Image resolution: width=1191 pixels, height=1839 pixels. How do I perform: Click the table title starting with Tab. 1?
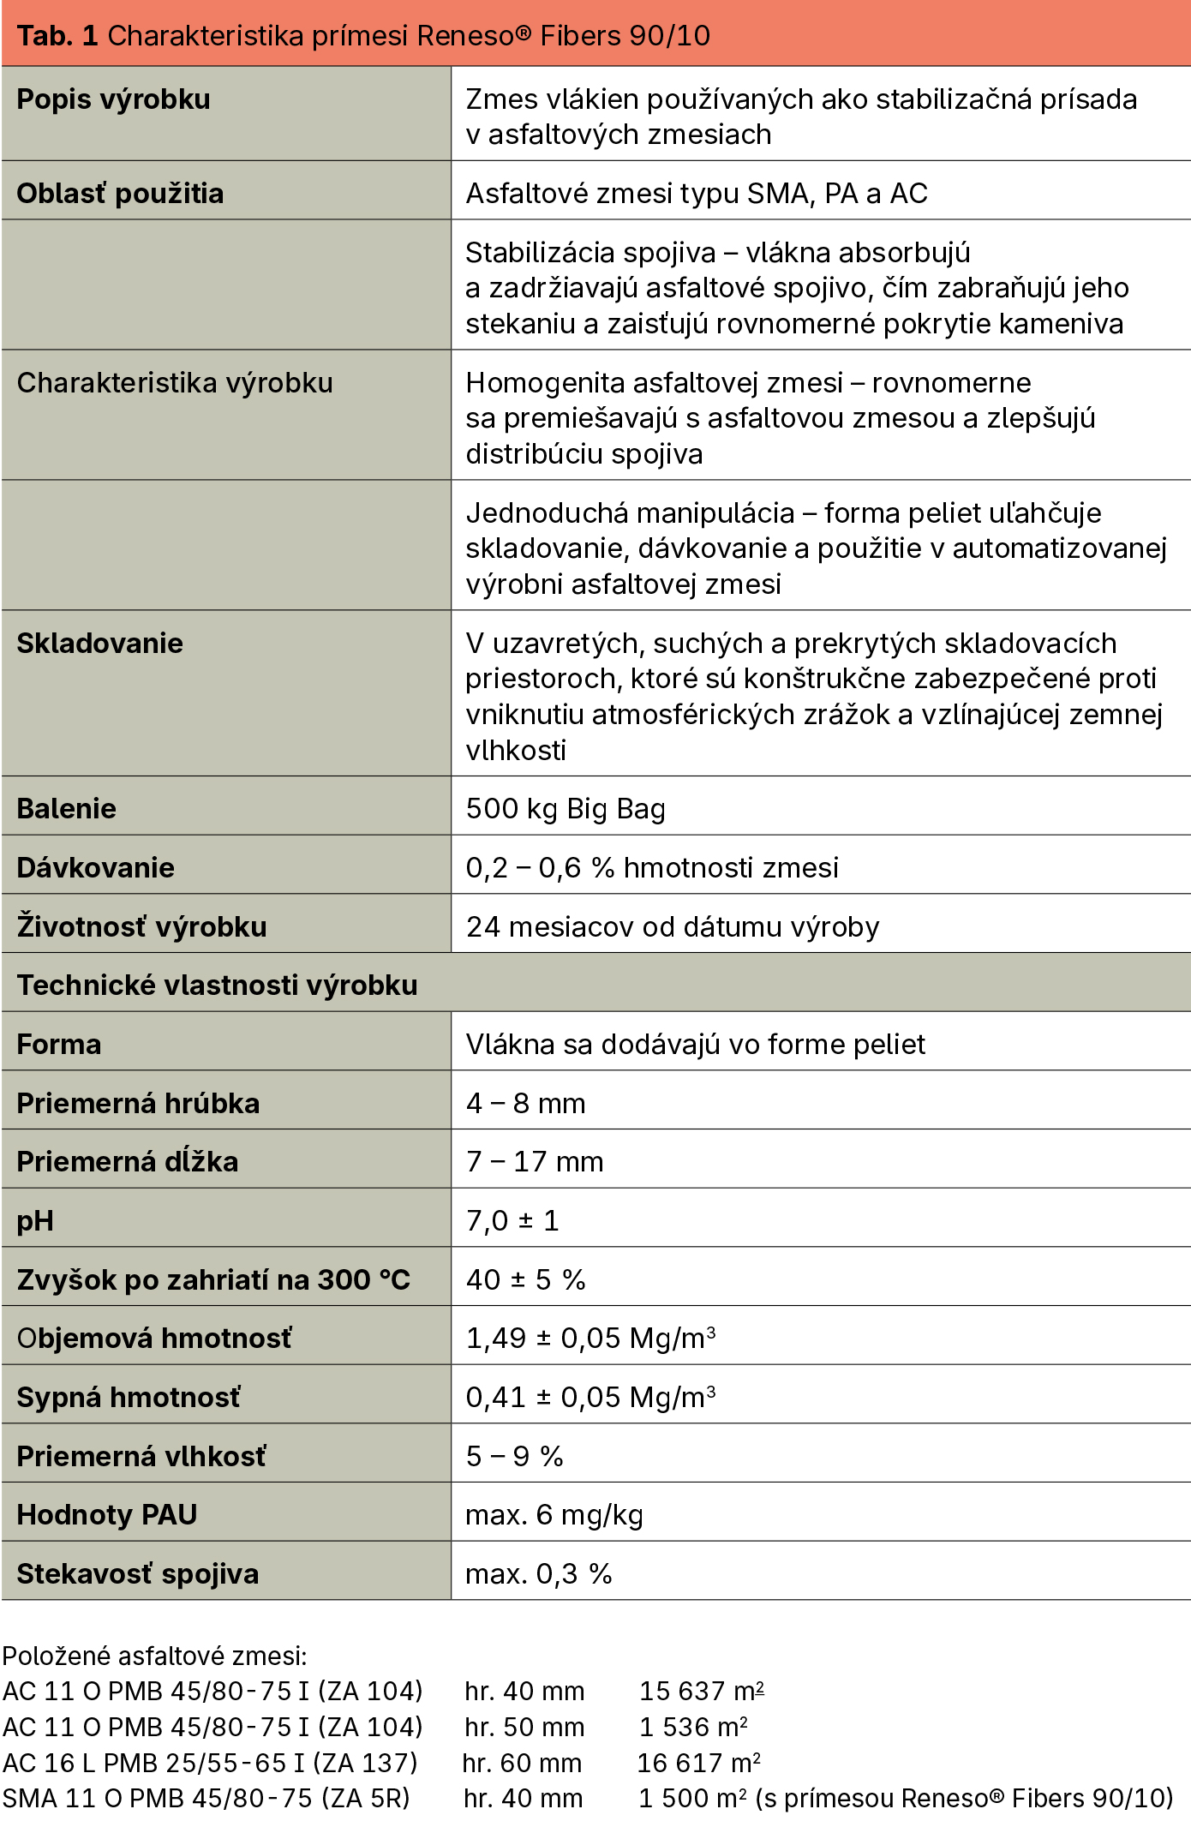[x=363, y=35]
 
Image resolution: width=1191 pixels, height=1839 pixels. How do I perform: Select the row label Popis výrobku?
[x=113, y=99]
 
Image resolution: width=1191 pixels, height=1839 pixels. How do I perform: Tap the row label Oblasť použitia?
[x=120, y=194]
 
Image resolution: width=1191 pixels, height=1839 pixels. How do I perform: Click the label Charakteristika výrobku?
[x=175, y=383]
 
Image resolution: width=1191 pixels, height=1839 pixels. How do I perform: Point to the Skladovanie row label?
[x=99, y=644]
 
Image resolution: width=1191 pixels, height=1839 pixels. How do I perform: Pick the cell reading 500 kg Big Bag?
[x=566, y=809]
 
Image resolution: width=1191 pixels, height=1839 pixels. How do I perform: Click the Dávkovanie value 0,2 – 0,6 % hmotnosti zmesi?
[x=652, y=868]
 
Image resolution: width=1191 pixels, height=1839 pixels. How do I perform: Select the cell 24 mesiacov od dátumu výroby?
[x=673, y=927]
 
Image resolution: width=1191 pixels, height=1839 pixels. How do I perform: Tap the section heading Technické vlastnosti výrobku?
[x=218, y=985]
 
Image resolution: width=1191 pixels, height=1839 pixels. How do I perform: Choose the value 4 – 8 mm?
[x=525, y=1104]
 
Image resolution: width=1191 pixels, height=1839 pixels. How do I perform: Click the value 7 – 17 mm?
[x=535, y=1162]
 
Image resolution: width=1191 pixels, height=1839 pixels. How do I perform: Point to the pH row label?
[x=35, y=1221]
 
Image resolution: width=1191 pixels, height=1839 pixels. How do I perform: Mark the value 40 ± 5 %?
[x=525, y=1280]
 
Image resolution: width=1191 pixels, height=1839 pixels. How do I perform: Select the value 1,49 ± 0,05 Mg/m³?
[x=590, y=1339]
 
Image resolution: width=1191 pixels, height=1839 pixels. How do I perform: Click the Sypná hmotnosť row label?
[x=129, y=1398]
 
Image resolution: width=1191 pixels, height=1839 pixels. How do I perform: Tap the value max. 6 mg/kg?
[x=554, y=1515]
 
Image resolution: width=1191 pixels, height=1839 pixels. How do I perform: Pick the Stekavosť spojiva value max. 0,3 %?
[x=538, y=1574]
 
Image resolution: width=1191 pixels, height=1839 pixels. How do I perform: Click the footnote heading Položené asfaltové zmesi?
[x=154, y=1656]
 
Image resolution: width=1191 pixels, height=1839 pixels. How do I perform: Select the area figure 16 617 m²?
[x=698, y=1764]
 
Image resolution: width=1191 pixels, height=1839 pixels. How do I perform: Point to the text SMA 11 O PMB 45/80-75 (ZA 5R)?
[x=206, y=1799]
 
